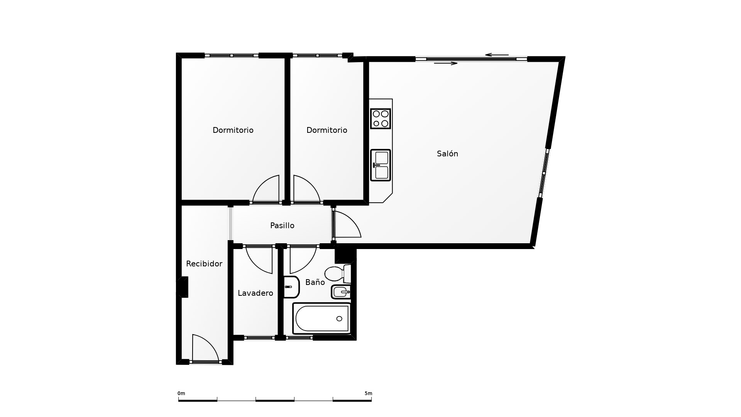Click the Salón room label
pos(447,154)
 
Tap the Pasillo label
pos(282,225)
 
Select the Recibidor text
pos(204,264)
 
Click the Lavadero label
pos(255,293)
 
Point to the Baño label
pos(315,282)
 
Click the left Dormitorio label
pos(233,130)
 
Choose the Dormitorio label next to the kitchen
pos(327,130)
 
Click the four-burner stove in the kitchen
pos(381,119)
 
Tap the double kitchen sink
pos(381,165)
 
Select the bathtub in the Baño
pos(322,319)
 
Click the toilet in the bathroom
pos(338,274)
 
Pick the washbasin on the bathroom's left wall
pos(291,287)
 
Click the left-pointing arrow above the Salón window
pos(497,55)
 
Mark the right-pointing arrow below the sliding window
pos(446,63)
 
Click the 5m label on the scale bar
pos(368,393)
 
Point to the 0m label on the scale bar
pos(181,393)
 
